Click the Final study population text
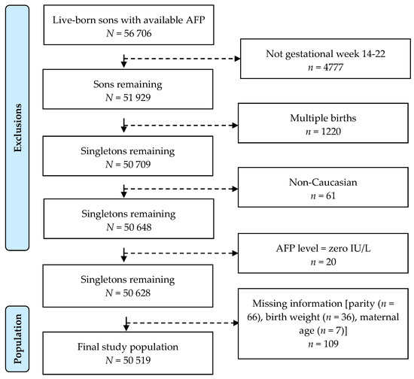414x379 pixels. (x=123, y=348)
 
